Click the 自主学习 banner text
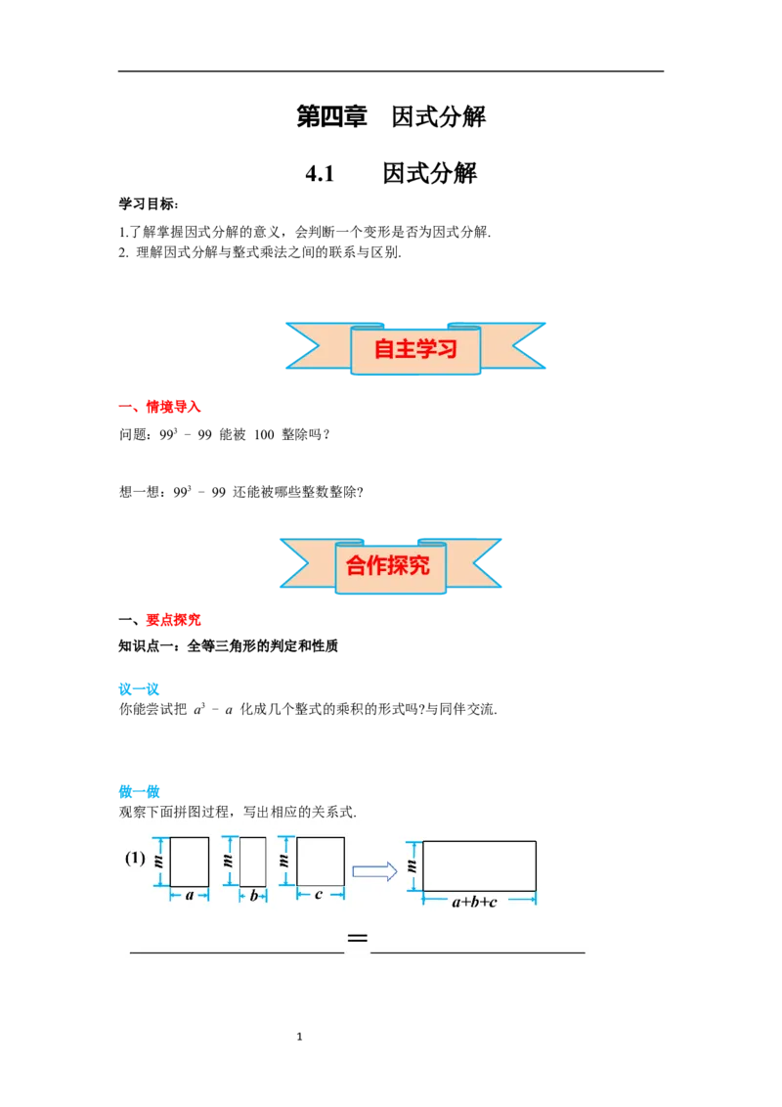pos(415,349)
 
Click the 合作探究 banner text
pos(388,564)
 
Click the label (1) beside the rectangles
pos(135,860)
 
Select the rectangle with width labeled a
pos(189,862)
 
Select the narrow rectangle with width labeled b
pos(253,862)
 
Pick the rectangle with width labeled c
pos(321,862)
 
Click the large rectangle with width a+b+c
pos(479,865)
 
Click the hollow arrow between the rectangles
pos(374,871)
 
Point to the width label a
pos(190,896)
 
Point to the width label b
pos(253,896)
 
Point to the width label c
pos(320,895)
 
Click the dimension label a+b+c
pos(474,902)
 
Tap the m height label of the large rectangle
pos(411,865)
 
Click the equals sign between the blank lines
pos(358,940)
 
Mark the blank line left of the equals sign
pos(237,949)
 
